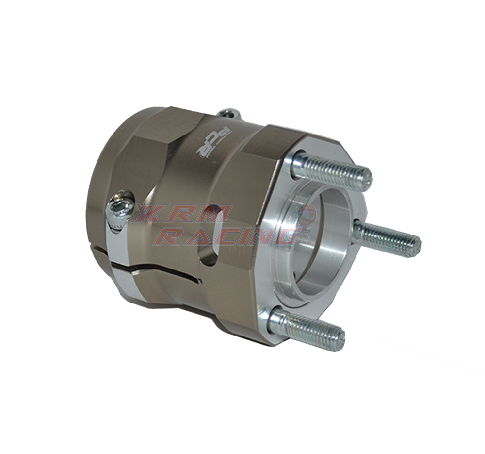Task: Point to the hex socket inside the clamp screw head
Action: point(117,208)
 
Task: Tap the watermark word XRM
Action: point(182,214)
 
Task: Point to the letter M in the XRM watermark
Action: point(216,214)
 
